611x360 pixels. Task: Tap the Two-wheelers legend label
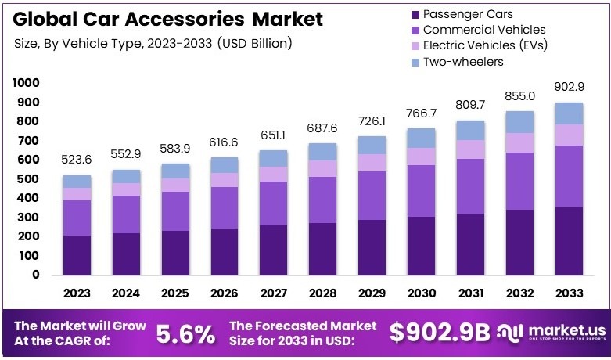click(x=463, y=61)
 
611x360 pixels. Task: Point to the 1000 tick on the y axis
click(x=25, y=83)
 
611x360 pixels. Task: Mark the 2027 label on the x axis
click(x=274, y=293)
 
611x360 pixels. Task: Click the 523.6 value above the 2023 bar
click(x=77, y=160)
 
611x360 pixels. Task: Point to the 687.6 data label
click(x=322, y=128)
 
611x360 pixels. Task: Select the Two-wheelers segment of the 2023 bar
click(x=77, y=182)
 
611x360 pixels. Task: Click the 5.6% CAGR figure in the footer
click(x=185, y=334)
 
